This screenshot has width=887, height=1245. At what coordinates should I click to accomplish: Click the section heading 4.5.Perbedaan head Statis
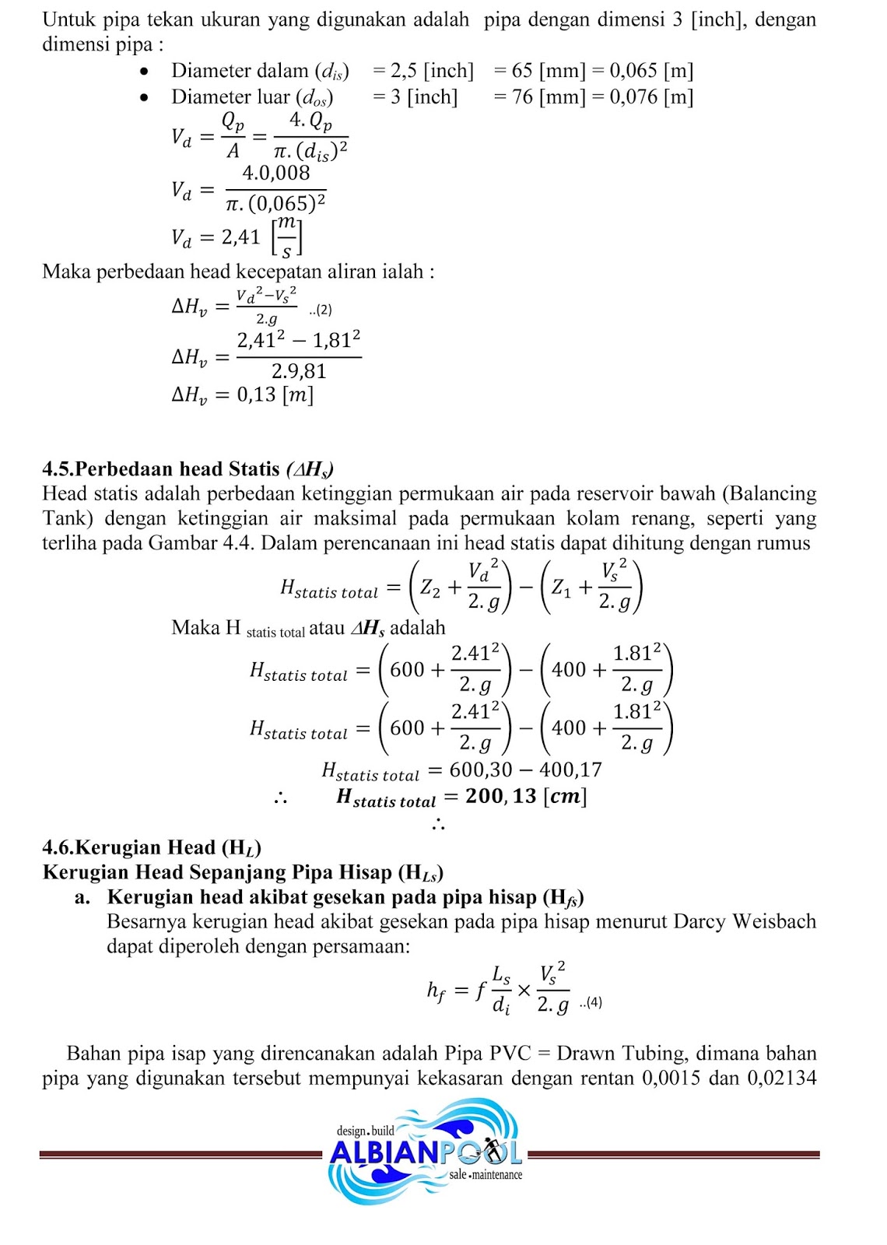[x=188, y=469]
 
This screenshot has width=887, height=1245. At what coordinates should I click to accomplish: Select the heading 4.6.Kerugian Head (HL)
[x=152, y=847]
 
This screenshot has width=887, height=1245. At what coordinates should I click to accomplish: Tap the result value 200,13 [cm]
[x=525, y=796]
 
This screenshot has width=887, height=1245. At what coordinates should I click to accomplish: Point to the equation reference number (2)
[x=321, y=310]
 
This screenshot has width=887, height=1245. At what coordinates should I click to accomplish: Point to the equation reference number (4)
[x=591, y=1002]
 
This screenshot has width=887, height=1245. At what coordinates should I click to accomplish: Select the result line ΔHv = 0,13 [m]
[x=242, y=395]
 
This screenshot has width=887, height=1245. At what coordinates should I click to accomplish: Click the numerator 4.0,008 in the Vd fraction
[x=275, y=173]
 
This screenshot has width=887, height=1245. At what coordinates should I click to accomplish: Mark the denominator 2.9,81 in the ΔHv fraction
[x=299, y=371]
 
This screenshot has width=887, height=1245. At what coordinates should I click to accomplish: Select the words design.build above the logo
[x=365, y=1131]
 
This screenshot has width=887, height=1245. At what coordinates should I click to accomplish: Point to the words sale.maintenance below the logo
[x=486, y=1175]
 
